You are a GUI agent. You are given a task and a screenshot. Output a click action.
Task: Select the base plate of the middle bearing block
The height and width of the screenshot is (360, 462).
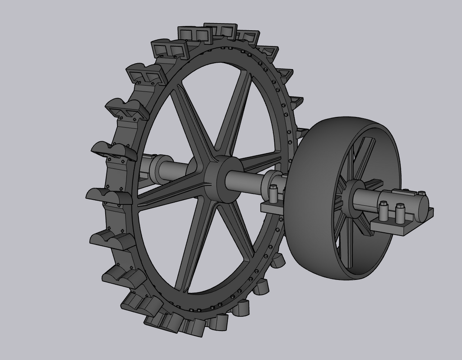271,209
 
